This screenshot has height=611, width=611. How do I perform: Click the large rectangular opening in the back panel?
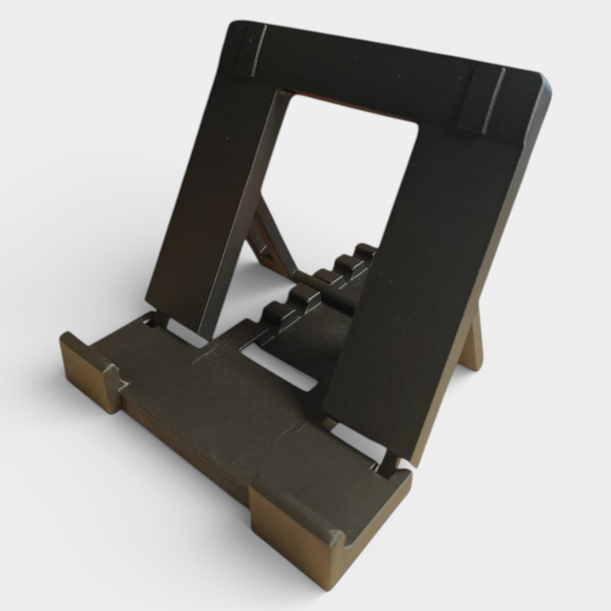coord(339,172)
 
